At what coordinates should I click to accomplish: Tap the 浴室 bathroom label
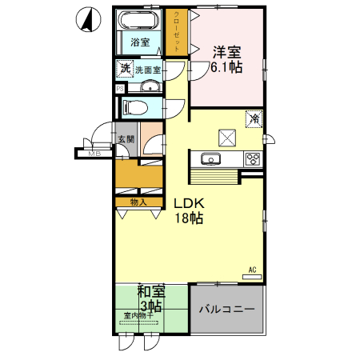141,42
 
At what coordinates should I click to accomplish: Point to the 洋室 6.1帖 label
226,60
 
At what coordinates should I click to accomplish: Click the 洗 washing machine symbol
124,69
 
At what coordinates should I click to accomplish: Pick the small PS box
120,89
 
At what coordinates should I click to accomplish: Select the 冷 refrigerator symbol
254,118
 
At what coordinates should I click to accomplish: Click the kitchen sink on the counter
212,158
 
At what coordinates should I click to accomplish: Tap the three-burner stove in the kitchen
252,158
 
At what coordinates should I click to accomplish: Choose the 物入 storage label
138,202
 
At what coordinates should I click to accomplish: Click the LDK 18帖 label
190,210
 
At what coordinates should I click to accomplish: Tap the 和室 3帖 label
150,298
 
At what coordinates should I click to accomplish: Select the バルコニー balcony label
226,309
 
